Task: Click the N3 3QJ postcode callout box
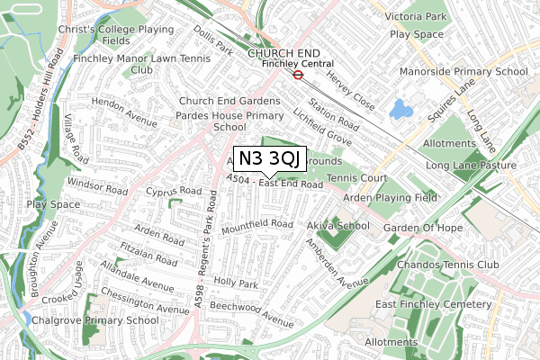coord(270,157)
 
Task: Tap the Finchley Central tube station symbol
coord(297,75)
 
